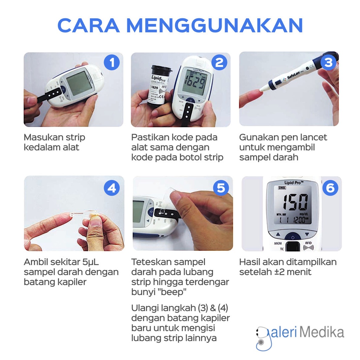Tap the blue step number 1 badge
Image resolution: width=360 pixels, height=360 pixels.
pyautogui.click(x=112, y=63)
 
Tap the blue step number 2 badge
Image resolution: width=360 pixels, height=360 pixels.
pyautogui.click(x=219, y=63)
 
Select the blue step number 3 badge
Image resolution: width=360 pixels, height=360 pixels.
pyautogui.click(x=328, y=63)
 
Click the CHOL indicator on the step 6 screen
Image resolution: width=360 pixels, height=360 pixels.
pyautogui.click(x=282, y=188)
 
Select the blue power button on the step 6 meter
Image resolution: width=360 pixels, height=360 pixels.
pyautogui.click(x=291, y=237)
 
